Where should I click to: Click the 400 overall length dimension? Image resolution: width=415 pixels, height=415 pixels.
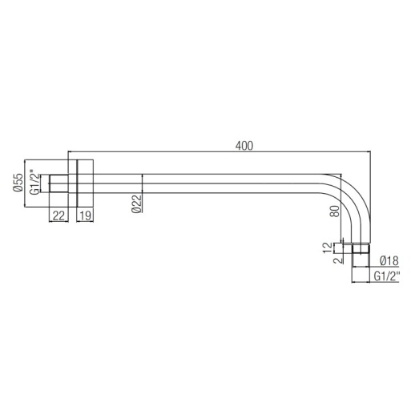pyautogui.click(x=244, y=146)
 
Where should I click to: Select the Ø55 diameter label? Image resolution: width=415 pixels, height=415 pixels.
pyautogui.click(x=18, y=183)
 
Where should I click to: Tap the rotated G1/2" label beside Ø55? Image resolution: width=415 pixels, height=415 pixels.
pyautogui.click(x=34, y=182)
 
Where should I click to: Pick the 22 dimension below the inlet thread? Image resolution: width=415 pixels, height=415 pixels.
pyautogui.click(x=58, y=216)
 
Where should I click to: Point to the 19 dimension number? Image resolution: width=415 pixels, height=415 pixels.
pyautogui.click(x=86, y=216)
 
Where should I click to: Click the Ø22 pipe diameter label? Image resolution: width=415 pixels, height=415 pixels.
pyautogui.click(x=136, y=203)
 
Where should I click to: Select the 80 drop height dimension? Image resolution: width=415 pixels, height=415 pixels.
pyautogui.click(x=335, y=211)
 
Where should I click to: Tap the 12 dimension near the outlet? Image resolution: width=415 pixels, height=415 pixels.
pyautogui.click(x=328, y=248)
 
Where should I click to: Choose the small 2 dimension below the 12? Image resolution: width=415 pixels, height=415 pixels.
pyautogui.click(x=338, y=260)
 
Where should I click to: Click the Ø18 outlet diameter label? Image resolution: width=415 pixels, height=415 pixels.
pyautogui.click(x=389, y=260)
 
